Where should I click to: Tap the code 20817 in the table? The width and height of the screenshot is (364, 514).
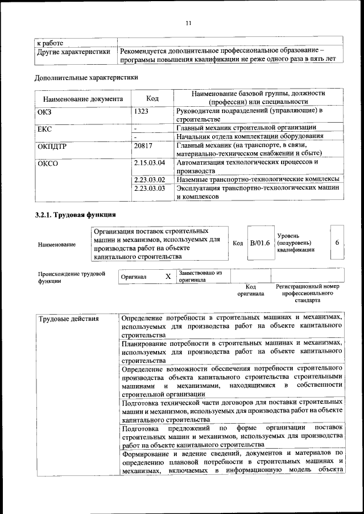point(143,145)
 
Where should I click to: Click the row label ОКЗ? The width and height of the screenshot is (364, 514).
point(44,111)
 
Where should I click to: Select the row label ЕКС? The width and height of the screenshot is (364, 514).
point(44,128)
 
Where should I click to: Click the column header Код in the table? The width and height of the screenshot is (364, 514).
point(152,98)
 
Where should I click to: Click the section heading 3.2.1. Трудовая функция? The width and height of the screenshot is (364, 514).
point(76,215)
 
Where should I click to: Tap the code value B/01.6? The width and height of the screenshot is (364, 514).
point(260,243)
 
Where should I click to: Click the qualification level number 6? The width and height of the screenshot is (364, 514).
point(337,243)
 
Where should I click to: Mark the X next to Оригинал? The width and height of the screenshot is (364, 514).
point(168,276)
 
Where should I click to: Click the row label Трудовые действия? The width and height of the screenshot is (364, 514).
point(68,318)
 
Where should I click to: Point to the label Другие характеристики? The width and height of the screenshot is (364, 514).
point(73,52)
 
